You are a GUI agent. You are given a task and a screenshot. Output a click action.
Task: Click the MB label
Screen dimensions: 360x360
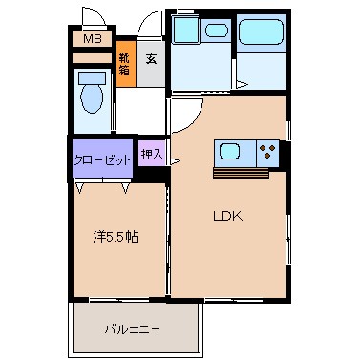93,39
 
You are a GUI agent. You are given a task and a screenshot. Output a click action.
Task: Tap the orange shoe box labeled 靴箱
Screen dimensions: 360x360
126,64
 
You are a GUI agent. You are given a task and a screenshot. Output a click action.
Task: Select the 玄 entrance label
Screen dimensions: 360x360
152,59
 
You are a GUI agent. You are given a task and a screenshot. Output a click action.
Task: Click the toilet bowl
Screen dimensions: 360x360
92,98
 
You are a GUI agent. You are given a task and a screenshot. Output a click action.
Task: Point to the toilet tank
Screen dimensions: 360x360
92,78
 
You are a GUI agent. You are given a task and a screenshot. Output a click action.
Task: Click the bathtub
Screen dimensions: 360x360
261,32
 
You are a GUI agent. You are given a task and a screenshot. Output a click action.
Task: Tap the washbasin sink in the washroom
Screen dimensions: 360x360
217,31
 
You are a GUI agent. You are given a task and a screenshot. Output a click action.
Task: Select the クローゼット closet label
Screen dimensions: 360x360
102,159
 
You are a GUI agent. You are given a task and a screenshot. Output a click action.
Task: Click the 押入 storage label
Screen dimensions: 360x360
152,155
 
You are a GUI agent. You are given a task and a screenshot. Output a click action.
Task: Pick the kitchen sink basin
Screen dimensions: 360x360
229,151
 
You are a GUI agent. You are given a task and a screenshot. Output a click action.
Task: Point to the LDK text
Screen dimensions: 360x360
228,217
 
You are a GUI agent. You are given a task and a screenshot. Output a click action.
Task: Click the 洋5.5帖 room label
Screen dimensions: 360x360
116,237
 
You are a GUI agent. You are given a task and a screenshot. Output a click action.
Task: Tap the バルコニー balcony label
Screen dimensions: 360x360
132,329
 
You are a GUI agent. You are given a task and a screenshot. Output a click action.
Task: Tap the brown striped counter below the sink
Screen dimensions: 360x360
242,174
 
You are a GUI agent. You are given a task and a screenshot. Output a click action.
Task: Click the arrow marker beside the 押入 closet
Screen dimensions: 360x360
176,161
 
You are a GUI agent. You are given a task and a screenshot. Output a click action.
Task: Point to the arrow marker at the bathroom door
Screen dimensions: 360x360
243,85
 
